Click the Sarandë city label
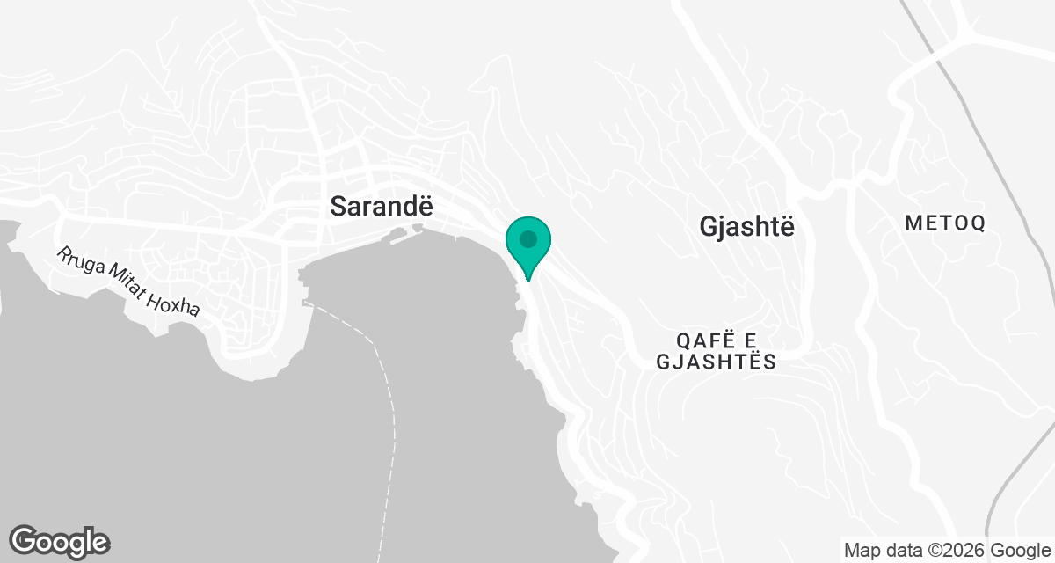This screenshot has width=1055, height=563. coord(382,206)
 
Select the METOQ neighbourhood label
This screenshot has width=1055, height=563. coord(945,223)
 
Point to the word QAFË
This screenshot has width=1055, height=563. coord(708,340)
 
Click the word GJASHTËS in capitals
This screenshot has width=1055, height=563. coord(717,362)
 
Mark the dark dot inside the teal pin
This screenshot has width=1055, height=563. coord(528,238)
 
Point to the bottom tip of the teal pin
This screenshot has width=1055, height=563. coord(528,279)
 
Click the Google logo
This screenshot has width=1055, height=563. coord(59,541)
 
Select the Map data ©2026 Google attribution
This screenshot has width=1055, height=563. coord(946,551)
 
